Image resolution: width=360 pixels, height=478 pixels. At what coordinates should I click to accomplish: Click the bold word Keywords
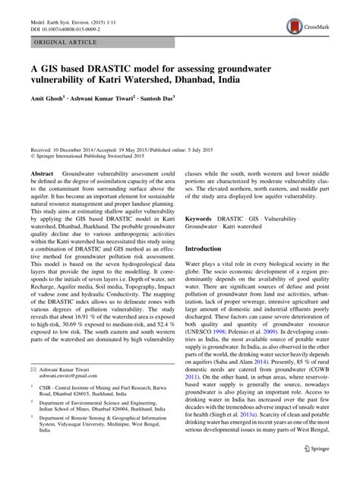(x=201, y=217)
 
